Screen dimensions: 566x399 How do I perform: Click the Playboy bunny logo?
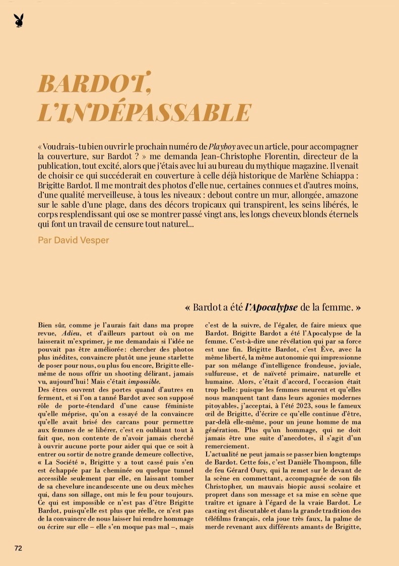(19, 21)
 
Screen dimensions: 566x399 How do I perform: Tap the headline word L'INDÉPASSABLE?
(144, 112)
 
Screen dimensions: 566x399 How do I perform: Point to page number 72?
(18, 548)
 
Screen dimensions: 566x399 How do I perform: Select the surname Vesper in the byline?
(93, 240)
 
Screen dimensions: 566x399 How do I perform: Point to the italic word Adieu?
(71, 333)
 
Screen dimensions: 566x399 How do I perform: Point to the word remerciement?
(227, 446)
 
